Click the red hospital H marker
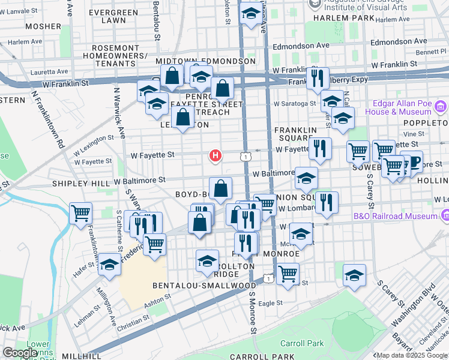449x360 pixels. click(x=215, y=156)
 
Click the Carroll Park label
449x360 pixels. click(x=302, y=343)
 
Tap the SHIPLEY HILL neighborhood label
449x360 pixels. click(x=81, y=183)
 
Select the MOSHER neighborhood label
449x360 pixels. click(x=43, y=26)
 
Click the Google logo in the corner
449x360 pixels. click(x=20, y=353)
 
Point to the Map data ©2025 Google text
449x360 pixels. click(x=403, y=355)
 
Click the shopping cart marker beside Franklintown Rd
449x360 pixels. click(x=80, y=212)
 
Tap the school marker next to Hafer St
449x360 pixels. click(x=109, y=264)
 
